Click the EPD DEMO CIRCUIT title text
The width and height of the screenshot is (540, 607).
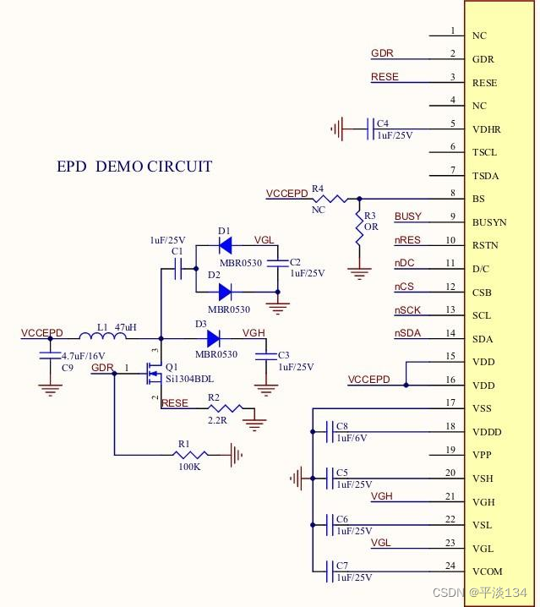134,167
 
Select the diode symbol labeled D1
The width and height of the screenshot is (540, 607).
225,246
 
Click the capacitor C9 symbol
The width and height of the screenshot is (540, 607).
50,356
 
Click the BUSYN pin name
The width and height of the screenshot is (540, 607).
489,222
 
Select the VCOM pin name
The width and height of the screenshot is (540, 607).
487,571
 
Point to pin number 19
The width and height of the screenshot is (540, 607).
450,450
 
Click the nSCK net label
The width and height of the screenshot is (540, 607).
408,311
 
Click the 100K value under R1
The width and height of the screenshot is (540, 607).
188,467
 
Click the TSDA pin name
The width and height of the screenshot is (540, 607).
485,176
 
